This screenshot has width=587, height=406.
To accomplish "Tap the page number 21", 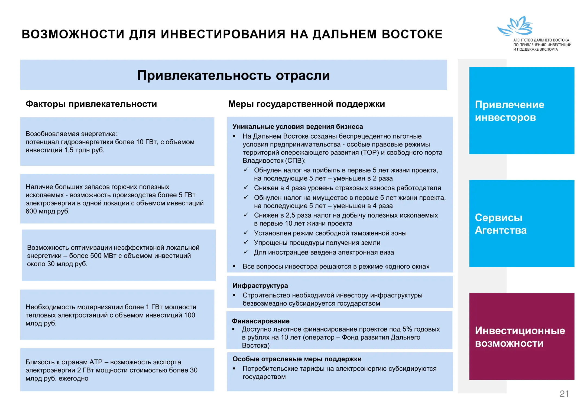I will pos(564,394).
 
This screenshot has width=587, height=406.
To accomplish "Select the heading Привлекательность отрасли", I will pos(233,75).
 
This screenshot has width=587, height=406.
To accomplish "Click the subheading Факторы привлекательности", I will pos(91,104).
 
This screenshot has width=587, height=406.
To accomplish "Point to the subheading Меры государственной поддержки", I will pos(306,104).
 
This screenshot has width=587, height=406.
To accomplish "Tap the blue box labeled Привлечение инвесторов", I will pos(521,111).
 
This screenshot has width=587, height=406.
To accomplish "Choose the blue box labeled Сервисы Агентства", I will pos(521,224).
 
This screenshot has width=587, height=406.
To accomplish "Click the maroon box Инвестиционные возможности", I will pos(521,336).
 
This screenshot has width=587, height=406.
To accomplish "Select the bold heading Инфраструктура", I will pos(260,286).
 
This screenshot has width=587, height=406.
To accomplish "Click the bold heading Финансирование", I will pos(260,321).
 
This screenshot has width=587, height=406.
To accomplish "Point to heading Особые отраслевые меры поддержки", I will pos(297,359).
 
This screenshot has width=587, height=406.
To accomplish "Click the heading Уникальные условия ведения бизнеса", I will pos(297,127).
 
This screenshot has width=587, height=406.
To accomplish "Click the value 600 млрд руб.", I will pos(47,211).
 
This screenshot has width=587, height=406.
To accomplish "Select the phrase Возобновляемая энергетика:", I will pos(72,134).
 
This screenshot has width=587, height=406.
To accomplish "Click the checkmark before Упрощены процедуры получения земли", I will pos(246,242).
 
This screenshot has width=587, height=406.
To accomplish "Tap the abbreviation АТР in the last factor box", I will pos(96,362).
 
